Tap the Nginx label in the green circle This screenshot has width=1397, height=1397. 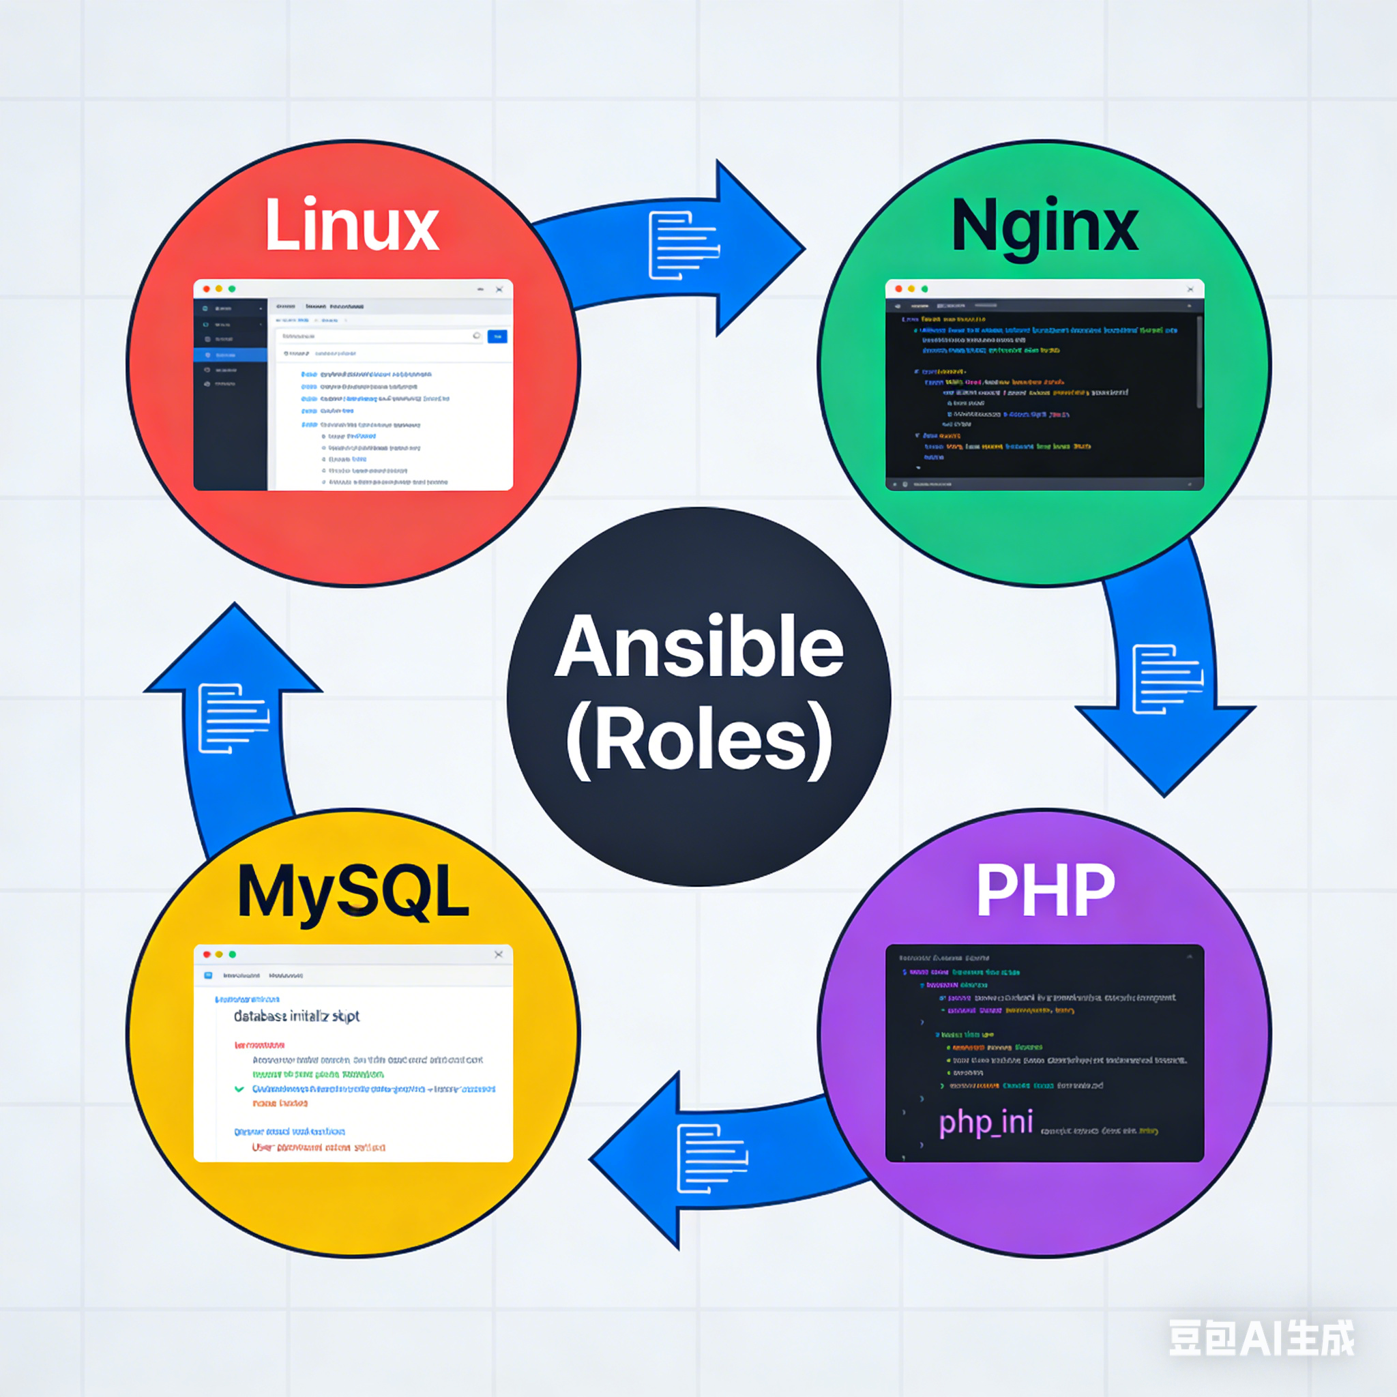pos(1044,226)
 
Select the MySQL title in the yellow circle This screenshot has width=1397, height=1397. pos(353,892)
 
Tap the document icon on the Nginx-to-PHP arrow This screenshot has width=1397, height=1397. pos(1166,679)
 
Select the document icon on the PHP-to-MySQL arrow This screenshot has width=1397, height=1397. pos(711,1158)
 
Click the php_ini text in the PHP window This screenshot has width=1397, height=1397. pos(986,1123)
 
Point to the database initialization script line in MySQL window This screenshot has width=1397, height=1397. pos(297,1016)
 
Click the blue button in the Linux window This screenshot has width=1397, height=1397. pos(497,336)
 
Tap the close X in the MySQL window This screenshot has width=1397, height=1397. pos(498,954)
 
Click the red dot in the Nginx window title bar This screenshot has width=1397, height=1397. pos(899,289)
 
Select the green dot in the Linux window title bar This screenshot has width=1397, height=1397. pos(232,289)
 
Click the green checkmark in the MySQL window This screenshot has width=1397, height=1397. pos(239,1089)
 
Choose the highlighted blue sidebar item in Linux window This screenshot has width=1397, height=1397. pos(230,355)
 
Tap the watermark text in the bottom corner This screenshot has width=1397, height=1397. pos(1261,1338)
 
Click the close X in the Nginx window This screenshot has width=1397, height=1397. pos(1190,289)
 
